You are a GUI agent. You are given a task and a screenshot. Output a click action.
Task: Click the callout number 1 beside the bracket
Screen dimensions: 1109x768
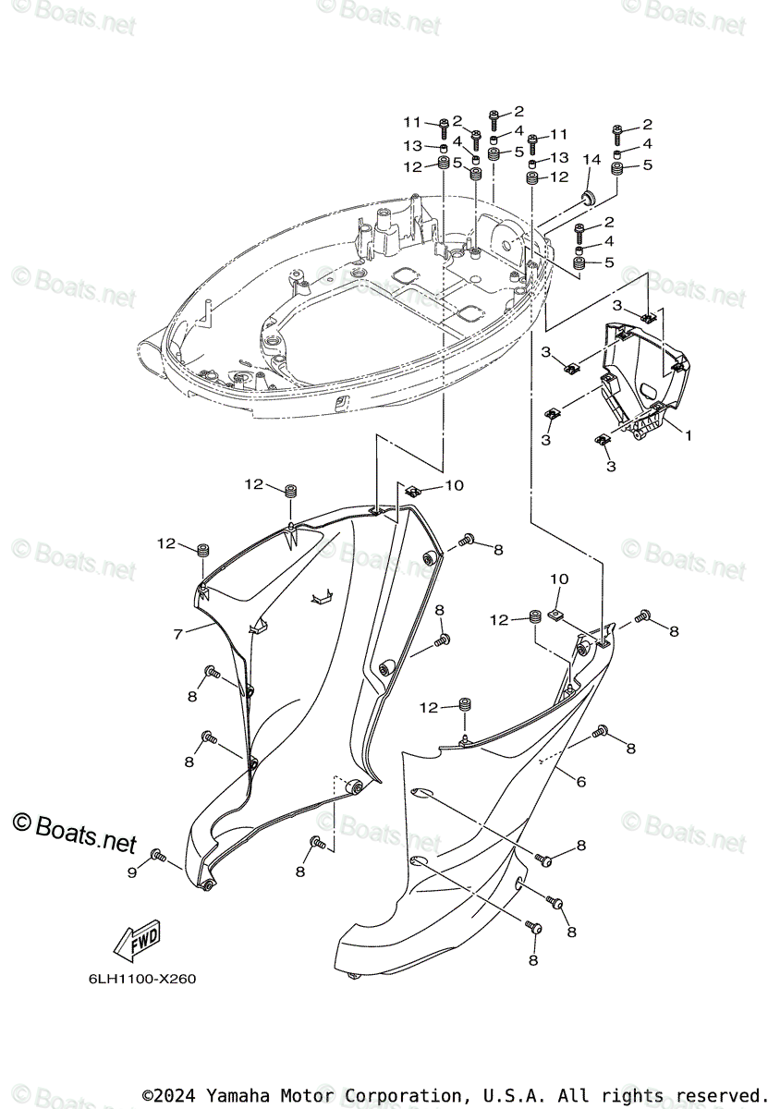pyautogui.click(x=687, y=433)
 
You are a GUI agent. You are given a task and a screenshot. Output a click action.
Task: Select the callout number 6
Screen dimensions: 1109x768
pyautogui.click(x=580, y=782)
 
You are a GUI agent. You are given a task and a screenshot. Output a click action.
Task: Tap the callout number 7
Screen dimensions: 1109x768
pyautogui.click(x=177, y=635)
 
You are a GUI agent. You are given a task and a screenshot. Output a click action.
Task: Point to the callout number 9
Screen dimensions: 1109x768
pyautogui.click(x=131, y=871)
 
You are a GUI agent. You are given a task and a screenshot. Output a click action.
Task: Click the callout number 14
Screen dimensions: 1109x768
pyautogui.click(x=591, y=160)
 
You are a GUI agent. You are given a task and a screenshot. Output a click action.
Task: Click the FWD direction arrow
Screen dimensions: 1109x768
pyautogui.click(x=136, y=939)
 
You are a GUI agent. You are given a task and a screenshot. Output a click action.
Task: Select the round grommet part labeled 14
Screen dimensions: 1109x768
pyautogui.click(x=588, y=198)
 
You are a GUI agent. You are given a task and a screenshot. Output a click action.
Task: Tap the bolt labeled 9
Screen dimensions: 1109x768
pyautogui.click(x=158, y=857)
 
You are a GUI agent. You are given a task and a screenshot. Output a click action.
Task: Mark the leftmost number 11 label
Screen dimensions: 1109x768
pyautogui.click(x=411, y=123)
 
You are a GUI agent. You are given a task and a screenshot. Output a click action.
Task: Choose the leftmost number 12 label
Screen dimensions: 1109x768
pyautogui.click(x=166, y=543)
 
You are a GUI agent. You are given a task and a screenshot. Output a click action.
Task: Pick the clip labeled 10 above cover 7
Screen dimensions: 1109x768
pyautogui.click(x=413, y=490)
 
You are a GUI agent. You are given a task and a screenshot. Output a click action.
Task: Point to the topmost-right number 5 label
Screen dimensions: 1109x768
pyautogui.click(x=647, y=165)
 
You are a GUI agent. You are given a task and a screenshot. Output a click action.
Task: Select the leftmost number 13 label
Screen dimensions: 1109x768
pyautogui.click(x=411, y=146)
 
